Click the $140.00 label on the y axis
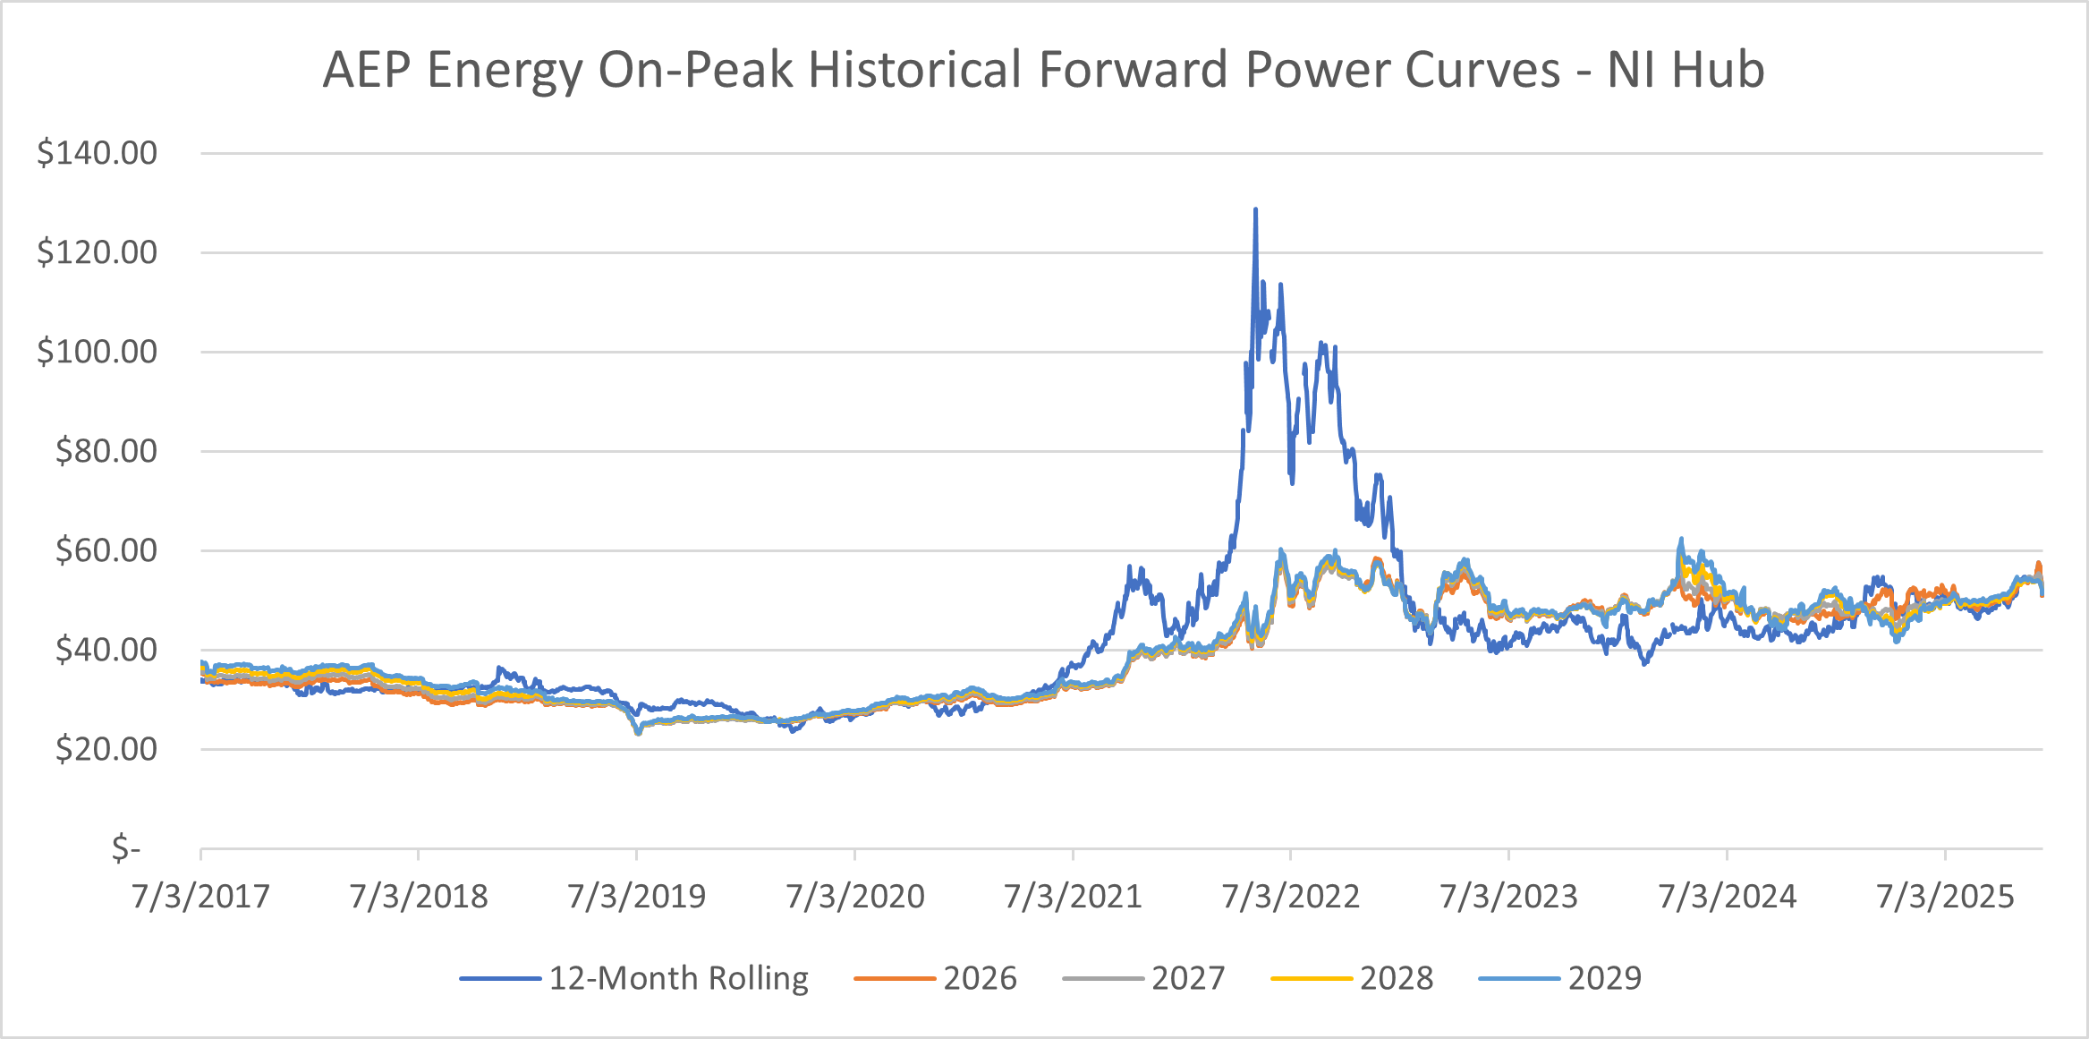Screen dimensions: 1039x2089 tap(97, 153)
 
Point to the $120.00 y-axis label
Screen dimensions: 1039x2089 tap(97, 252)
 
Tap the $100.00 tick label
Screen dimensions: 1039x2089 tap(97, 352)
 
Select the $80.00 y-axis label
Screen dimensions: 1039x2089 tap(106, 451)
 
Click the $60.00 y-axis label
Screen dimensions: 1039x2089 tap(106, 550)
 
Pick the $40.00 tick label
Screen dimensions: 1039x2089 tap(106, 650)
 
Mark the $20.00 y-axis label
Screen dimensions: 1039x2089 tap(106, 749)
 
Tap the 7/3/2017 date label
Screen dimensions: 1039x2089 tap(200, 897)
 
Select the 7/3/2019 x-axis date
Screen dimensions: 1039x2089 tap(637, 897)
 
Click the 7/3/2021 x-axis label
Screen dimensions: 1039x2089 tap(1073, 897)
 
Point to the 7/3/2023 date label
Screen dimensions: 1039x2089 tap(1508, 897)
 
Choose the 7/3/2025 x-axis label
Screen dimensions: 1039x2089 tap(1945, 897)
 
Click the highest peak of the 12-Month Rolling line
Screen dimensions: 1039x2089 tap(1255, 209)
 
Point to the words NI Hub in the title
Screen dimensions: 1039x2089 tap(1686, 70)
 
